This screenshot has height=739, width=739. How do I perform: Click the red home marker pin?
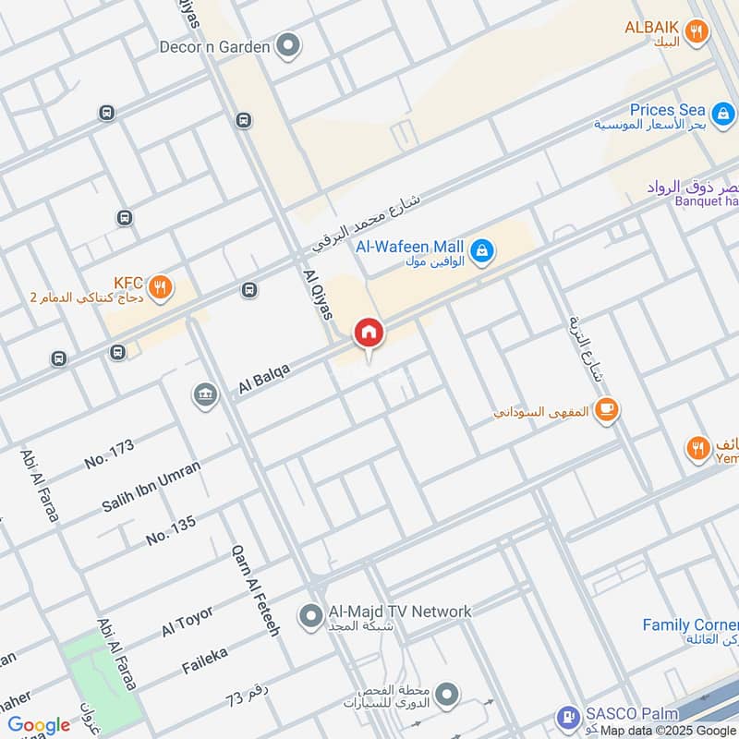369,333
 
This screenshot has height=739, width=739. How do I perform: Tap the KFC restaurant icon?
161,287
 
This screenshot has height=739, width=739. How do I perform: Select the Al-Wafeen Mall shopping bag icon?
481,250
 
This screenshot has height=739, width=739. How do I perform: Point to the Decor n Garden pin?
289,45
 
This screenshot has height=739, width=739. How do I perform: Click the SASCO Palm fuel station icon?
567,718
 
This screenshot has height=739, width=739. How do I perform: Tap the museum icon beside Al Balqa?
204,395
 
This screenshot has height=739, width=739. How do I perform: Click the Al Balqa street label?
264,379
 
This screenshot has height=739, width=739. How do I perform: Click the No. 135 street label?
171,530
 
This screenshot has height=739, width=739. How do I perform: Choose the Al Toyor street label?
188,621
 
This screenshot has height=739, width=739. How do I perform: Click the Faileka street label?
204,660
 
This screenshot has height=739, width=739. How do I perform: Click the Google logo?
38,725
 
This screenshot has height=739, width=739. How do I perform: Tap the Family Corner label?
690,625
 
